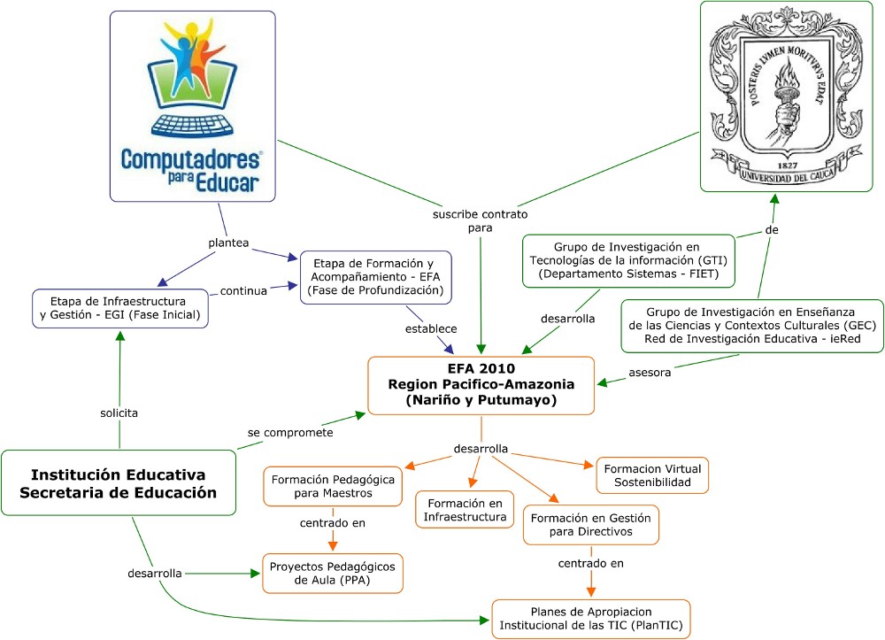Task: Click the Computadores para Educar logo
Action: (x=192, y=105)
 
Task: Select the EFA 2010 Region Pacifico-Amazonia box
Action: (x=481, y=384)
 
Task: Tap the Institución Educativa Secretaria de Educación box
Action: (x=119, y=483)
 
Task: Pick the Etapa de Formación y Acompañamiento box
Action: (x=376, y=278)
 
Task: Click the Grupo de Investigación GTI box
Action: (x=628, y=260)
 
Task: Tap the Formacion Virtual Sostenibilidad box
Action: (x=655, y=475)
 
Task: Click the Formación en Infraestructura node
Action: (x=465, y=509)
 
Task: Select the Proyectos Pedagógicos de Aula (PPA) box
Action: (x=333, y=574)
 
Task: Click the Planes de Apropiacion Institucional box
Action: (x=591, y=619)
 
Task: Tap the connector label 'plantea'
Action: (x=228, y=242)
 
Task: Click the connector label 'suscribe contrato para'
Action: (x=480, y=221)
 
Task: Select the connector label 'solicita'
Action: (x=119, y=413)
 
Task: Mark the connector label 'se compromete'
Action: (x=290, y=433)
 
